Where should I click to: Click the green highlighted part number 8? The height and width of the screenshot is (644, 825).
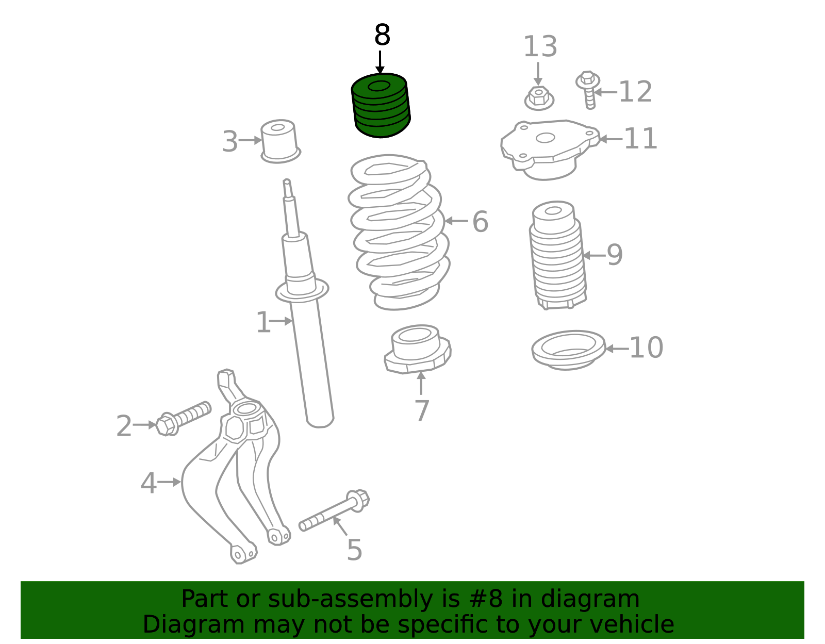[x=381, y=106]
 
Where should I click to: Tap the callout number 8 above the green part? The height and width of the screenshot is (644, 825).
[x=382, y=35]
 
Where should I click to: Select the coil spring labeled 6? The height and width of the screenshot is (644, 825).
[x=399, y=232]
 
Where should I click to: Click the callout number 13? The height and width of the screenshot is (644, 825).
[x=540, y=47]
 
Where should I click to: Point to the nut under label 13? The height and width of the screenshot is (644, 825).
[x=539, y=98]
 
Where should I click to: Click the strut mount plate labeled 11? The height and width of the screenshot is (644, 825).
[x=550, y=150]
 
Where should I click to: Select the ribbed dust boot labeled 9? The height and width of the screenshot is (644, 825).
[x=558, y=255]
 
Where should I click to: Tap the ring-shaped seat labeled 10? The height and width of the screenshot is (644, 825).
[x=568, y=350]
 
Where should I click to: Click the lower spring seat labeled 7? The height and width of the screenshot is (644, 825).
[x=418, y=349]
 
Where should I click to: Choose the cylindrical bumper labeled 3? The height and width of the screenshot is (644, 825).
[x=280, y=141]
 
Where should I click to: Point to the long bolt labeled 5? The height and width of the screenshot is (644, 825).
[x=334, y=510]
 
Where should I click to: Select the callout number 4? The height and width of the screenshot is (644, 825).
[x=148, y=483]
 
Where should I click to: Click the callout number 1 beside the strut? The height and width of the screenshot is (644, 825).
[x=263, y=322]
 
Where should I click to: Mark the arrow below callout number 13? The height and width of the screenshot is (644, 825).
[x=538, y=74]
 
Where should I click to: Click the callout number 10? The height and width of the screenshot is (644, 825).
[x=646, y=347]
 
